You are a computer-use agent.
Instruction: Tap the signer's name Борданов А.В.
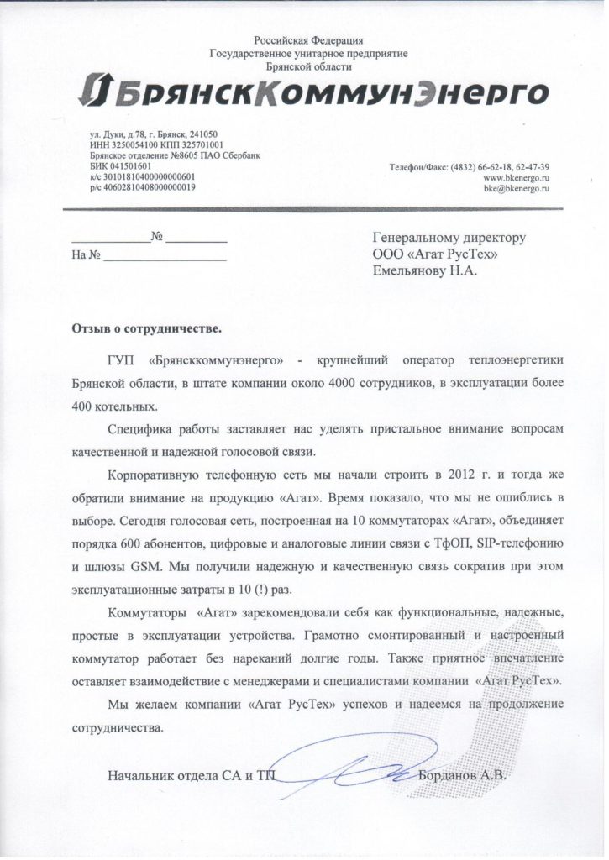coord(463,775)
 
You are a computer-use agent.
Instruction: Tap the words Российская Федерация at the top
coord(308,40)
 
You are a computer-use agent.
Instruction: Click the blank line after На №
coord(165,256)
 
